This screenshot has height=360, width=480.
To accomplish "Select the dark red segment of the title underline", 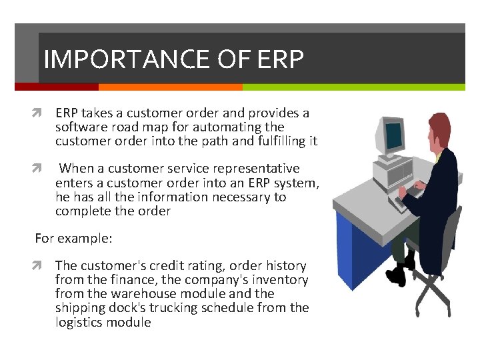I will pyautogui.click(x=56, y=87).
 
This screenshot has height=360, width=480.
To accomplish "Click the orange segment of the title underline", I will pyautogui.click(x=170, y=87).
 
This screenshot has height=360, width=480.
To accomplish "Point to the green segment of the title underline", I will pyautogui.click(x=353, y=87).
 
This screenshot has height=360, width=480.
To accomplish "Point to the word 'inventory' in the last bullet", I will pyautogui.click(x=281, y=280).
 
